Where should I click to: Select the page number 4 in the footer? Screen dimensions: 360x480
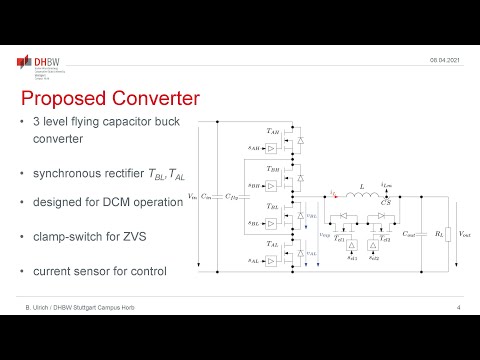point(457,306)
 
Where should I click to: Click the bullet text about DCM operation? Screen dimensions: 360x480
point(105,203)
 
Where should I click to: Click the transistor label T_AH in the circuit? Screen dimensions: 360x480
point(273,131)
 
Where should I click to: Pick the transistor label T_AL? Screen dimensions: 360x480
point(273,243)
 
